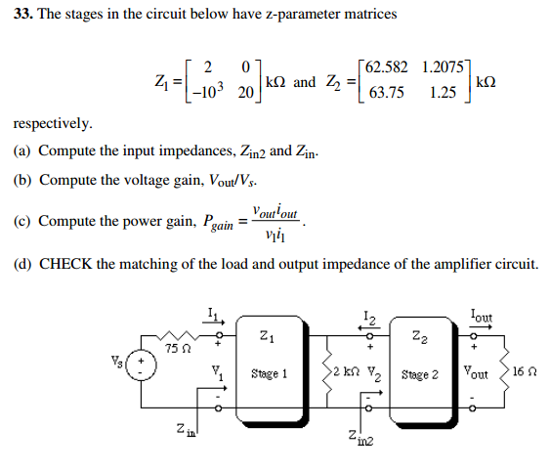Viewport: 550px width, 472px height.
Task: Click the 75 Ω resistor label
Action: point(177,348)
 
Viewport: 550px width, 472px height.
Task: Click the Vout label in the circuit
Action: point(478,373)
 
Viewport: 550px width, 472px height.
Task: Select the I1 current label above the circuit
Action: point(213,313)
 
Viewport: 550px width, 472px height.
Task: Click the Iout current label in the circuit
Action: point(481,315)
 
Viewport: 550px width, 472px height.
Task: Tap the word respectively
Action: point(53,125)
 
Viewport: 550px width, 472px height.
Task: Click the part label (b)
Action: point(22,181)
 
